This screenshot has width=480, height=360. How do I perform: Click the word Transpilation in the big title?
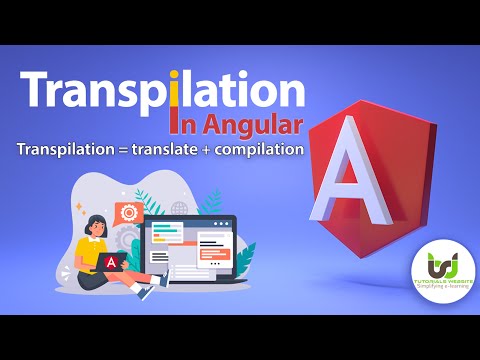click(161, 91)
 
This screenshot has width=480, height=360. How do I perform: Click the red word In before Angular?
click(184, 126)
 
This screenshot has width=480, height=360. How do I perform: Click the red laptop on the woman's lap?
click(112, 262)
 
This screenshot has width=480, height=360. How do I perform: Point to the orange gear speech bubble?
click(128, 212)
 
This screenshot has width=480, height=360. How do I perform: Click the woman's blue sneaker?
click(146, 293)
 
